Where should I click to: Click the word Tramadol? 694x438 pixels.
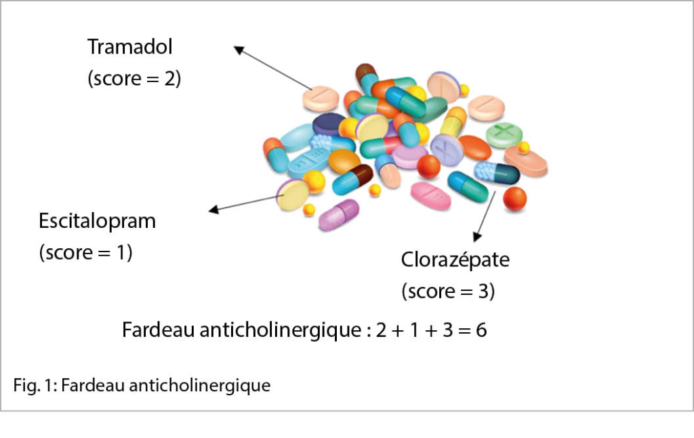[130, 47]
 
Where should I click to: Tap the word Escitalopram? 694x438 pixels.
[97, 221]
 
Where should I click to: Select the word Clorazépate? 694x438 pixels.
[455, 260]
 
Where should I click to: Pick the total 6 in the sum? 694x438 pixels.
[481, 330]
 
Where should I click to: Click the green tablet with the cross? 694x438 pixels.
[504, 134]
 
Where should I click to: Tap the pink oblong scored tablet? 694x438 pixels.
[430, 195]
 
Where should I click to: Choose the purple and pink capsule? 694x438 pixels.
[338, 214]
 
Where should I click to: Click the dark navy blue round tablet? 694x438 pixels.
[329, 123]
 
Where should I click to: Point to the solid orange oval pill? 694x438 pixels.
[474, 147]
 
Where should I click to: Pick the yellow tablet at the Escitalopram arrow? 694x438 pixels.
[293, 195]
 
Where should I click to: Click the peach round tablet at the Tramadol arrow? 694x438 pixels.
[321, 98]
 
